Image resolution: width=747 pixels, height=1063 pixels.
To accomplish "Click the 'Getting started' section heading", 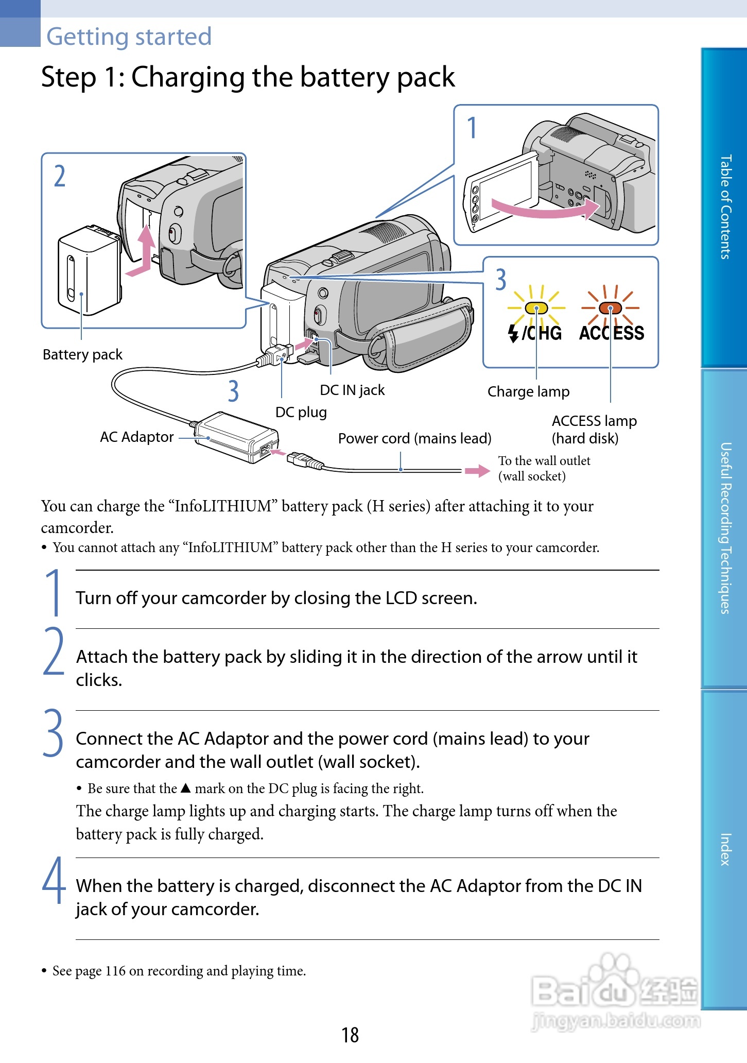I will point(129,37).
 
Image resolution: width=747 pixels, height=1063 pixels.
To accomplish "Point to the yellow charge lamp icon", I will point(536,308).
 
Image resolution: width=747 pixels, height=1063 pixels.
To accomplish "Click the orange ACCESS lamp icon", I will point(610,308).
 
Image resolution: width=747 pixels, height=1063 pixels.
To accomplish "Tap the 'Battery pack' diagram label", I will point(82,355).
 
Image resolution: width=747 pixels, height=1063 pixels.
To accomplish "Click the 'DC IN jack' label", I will point(352,390).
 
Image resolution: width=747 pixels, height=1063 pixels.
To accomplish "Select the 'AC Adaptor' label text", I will point(136,437).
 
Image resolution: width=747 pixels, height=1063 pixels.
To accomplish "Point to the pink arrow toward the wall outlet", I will point(477,471).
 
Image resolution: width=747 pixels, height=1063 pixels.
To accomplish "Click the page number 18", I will point(350,1035).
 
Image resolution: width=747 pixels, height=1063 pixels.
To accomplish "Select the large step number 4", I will point(54,881).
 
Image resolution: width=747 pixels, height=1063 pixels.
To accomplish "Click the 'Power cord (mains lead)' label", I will point(414,439).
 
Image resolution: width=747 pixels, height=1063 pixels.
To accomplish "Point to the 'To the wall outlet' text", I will point(544,461).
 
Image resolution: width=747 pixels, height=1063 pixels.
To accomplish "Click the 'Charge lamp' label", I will point(528,392).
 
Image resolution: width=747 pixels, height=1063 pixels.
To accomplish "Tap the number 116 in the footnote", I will point(115,971).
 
